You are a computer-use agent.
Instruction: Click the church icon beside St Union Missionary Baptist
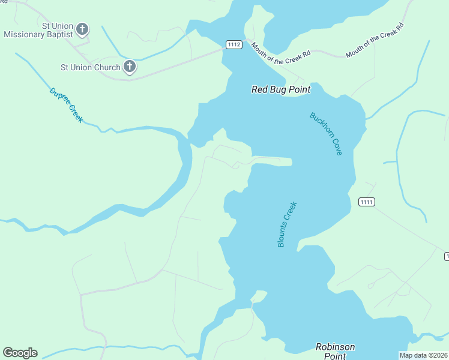(82, 29)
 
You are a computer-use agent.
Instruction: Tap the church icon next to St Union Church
(129, 67)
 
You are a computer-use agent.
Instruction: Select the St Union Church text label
(90, 67)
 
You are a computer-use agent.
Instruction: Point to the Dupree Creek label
(66, 105)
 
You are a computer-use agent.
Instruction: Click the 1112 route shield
(234, 44)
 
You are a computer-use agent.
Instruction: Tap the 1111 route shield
(367, 202)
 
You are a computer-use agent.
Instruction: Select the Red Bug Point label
(280, 89)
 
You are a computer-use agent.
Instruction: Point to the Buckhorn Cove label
(326, 134)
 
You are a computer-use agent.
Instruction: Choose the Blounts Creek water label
(288, 224)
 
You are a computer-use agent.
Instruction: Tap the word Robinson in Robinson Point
(335, 347)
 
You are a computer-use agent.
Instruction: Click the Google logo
(20, 353)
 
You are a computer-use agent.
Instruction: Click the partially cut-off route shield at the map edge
(446, 256)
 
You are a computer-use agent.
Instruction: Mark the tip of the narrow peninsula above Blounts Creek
(291, 162)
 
